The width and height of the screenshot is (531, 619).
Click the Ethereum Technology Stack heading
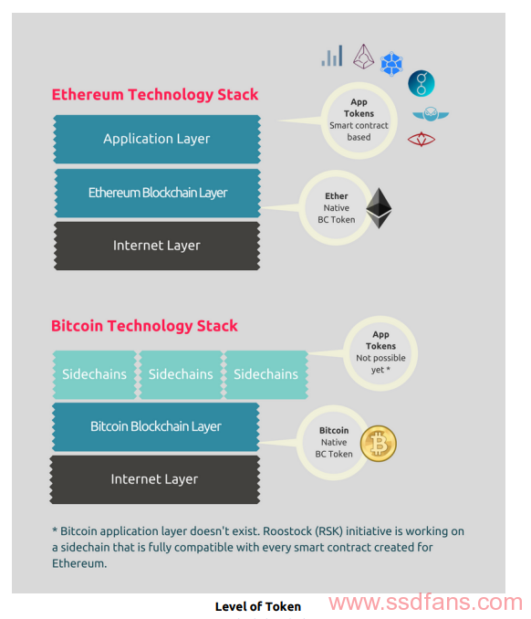pos(155,95)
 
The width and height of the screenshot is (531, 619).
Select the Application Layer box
pos(157,139)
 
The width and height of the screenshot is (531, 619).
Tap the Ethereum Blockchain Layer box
pos(158,193)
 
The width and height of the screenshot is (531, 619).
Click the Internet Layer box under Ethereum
pos(157,246)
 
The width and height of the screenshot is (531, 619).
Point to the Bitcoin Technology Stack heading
pos(144,326)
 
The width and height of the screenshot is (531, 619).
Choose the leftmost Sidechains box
pos(94,374)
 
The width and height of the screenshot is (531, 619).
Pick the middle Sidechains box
pos(181,374)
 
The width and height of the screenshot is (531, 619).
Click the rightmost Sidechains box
pos(265,374)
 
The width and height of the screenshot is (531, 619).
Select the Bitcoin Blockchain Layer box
pos(156,426)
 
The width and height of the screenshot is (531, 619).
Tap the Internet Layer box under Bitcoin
pos(154,479)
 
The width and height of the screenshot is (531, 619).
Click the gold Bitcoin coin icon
pos(379,444)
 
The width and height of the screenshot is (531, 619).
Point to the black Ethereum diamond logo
pos(379,208)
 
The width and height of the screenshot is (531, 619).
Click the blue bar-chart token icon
pos(332,56)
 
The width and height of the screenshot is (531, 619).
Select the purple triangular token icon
pos(363,57)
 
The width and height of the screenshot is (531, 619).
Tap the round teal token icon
pos(422,84)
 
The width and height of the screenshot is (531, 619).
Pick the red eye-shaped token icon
pos(422,139)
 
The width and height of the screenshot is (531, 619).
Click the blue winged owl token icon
pos(431,114)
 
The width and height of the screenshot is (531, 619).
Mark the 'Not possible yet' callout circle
pos(380,353)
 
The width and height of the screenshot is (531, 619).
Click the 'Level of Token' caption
pos(258,606)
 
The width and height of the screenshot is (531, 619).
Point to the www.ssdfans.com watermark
pos(426,603)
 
